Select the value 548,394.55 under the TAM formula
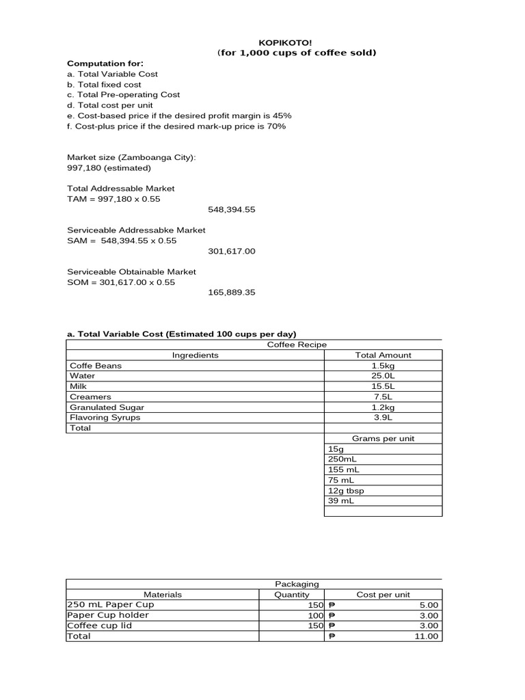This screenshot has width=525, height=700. pyautogui.click(x=231, y=209)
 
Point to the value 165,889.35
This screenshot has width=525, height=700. pyautogui.click(x=231, y=293)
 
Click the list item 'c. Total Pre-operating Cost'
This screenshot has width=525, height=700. pyautogui.click(x=123, y=95)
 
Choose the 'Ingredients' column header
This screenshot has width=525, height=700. pyautogui.click(x=196, y=355)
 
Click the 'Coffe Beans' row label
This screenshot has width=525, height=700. pyautogui.click(x=96, y=366)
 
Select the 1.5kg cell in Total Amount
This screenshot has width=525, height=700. pyautogui.click(x=383, y=366)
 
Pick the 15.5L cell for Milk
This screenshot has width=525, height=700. pyautogui.click(x=383, y=386)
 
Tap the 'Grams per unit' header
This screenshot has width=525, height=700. pyautogui.click(x=383, y=438)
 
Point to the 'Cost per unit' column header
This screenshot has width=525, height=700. pyautogui.click(x=383, y=595)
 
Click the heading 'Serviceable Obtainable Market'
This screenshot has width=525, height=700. pyautogui.click(x=131, y=271)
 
